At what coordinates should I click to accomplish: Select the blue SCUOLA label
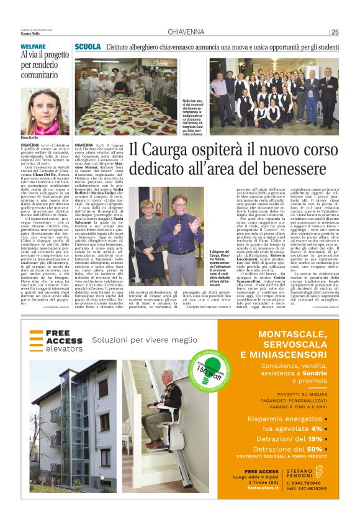88,47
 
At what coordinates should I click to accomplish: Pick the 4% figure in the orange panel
317,429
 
